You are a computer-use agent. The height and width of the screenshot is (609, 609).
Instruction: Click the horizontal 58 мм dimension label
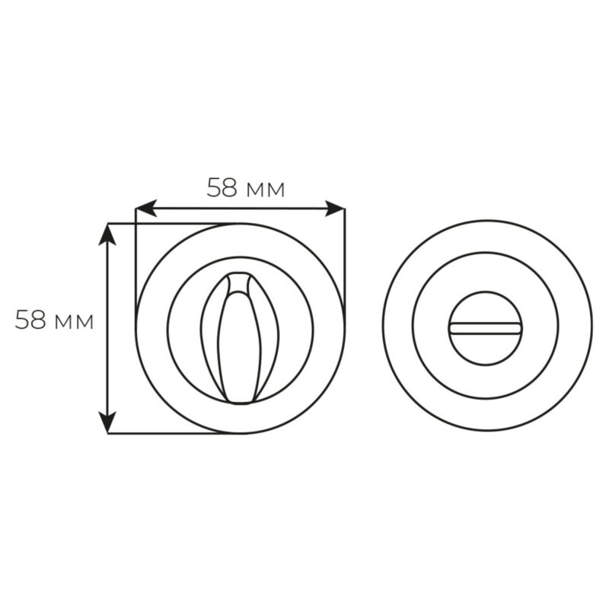click(x=246, y=188)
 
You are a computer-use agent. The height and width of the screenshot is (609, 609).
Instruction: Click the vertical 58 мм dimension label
click(x=54, y=320)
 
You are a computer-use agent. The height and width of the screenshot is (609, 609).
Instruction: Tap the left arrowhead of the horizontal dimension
click(x=145, y=209)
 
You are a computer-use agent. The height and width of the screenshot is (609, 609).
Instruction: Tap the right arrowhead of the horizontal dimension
click(x=335, y=209)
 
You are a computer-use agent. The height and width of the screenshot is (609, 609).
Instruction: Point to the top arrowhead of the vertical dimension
click(x=107, y=234)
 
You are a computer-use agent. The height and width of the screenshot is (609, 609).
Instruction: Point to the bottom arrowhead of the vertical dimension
click(x=107, y=422)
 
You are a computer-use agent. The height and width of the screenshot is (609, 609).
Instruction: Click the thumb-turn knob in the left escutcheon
click(x=240, y=338)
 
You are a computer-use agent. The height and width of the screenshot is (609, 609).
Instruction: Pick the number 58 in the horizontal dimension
click(x=222, y=188)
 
